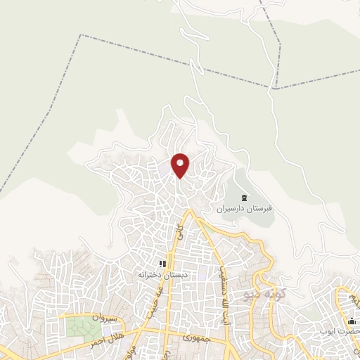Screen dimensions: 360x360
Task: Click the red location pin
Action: [x=181, y=164]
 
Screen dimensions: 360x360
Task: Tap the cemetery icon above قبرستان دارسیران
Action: [x=244, y=198]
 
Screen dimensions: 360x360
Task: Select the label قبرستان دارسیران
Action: [x=245, y=209]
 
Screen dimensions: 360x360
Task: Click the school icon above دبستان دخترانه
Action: [x=162, y=264]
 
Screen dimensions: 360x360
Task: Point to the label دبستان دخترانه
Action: [x=162, y=275]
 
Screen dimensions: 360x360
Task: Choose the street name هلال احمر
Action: [x=103, y=339]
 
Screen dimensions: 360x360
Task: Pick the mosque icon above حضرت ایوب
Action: [x=351, y=320]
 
